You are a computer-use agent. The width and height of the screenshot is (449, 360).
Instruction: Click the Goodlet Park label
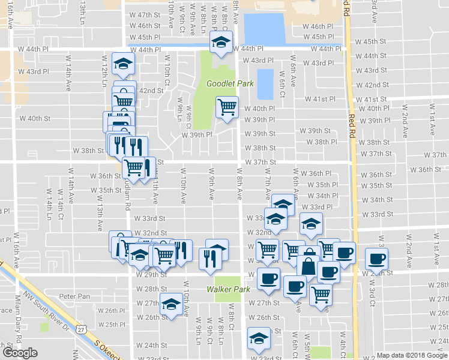[223, 84]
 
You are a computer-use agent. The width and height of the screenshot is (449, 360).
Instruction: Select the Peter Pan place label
[74, 296]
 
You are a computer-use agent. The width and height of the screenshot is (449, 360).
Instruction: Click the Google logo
[20, 353]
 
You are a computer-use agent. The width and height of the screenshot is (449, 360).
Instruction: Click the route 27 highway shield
[81, 329]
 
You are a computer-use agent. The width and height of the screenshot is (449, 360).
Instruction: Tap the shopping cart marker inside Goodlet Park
[227, 107]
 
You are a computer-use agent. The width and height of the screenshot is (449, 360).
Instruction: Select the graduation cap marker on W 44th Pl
[220, 43]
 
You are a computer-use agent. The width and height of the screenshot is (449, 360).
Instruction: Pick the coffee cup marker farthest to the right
[376, 259]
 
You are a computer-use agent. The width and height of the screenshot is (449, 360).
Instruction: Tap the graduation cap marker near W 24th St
[259, 339]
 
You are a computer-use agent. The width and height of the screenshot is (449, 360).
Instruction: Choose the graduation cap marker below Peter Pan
[172, 305]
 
